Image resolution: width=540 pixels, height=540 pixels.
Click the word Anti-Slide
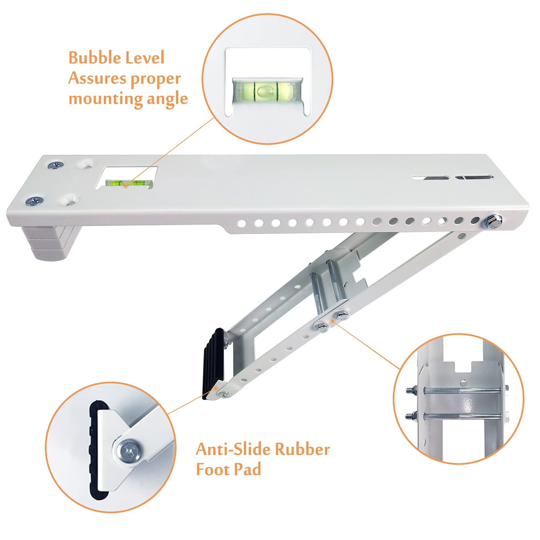[x=233, y=449]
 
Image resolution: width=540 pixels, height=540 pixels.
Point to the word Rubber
[x=302, y=449]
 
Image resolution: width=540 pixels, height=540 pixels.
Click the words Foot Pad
[x=228, y=469]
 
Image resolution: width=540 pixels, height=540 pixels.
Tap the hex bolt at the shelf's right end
[x=492, y=222]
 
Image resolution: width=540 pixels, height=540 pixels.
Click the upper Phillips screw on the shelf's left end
[x=56, y=165]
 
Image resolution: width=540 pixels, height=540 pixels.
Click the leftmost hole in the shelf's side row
[x=242, y=223]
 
